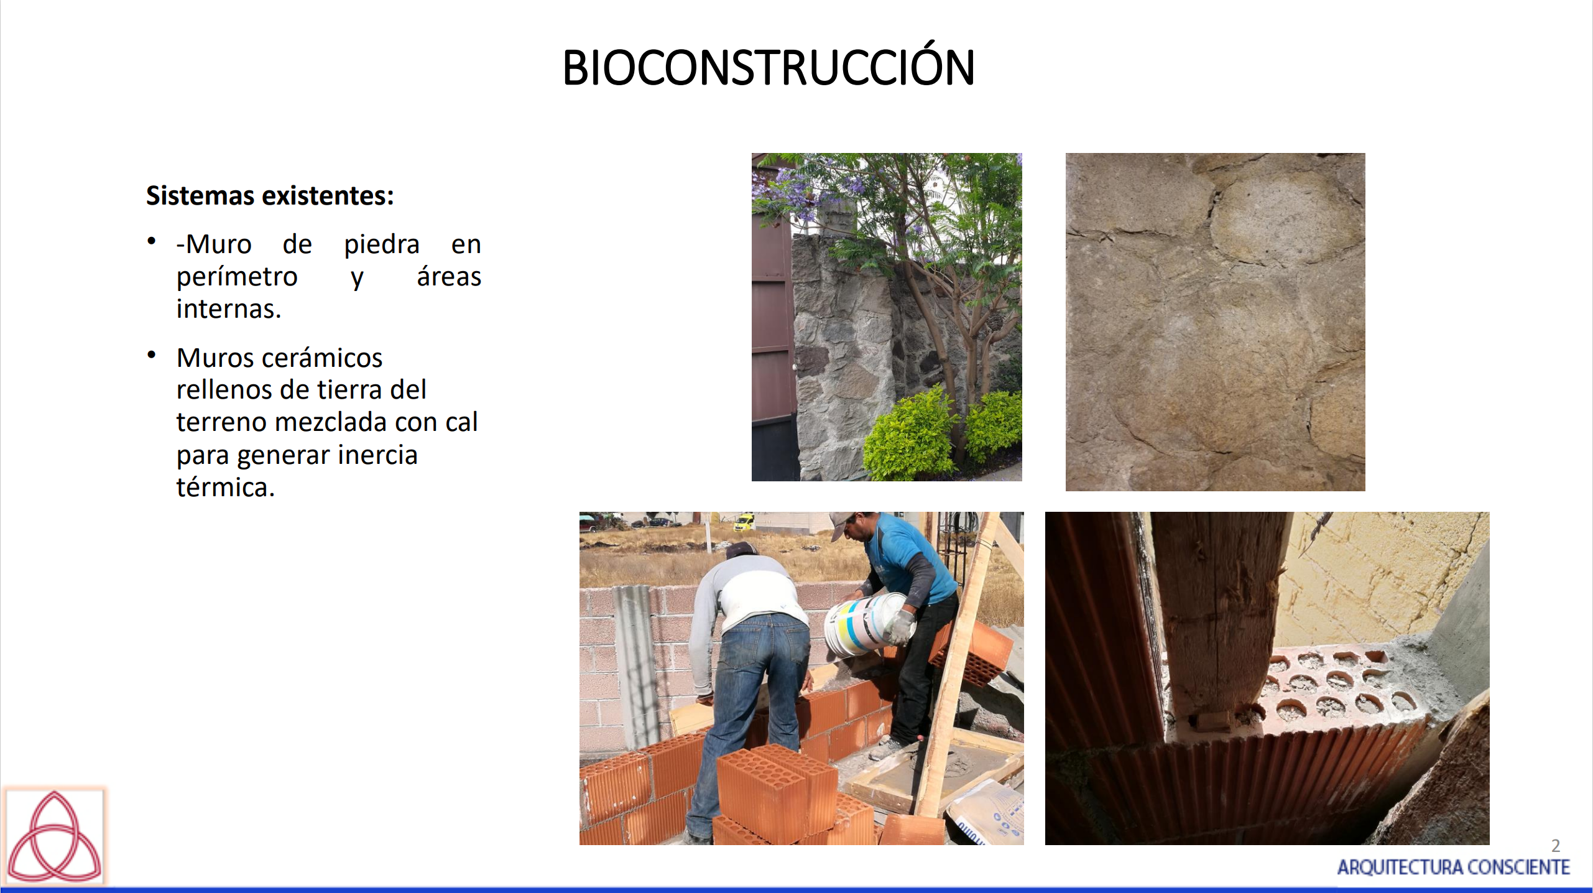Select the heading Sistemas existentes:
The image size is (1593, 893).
pyautogui.click(x=270, y=196)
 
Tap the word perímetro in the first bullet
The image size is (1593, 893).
pyautogui.click(x=237, y=277)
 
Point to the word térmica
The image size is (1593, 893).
pyautogui.click(x=225, y=487)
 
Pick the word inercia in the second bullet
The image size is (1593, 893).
pyautogui.click(x=378, y=455)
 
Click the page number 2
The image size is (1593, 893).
pyautogui.click(x=1556, y=846)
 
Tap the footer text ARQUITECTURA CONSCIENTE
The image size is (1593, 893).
pyautogui.click(x=1454, y=867)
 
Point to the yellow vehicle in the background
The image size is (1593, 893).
pyautogui.click(x=744, y=522)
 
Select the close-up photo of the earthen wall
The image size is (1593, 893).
pyautogui.click(x=1215, y=322)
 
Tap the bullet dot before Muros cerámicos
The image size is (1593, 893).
pyautogui.click(x=151, y=355)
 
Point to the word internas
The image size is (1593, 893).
pyautogui.click(x=229, y=309)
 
